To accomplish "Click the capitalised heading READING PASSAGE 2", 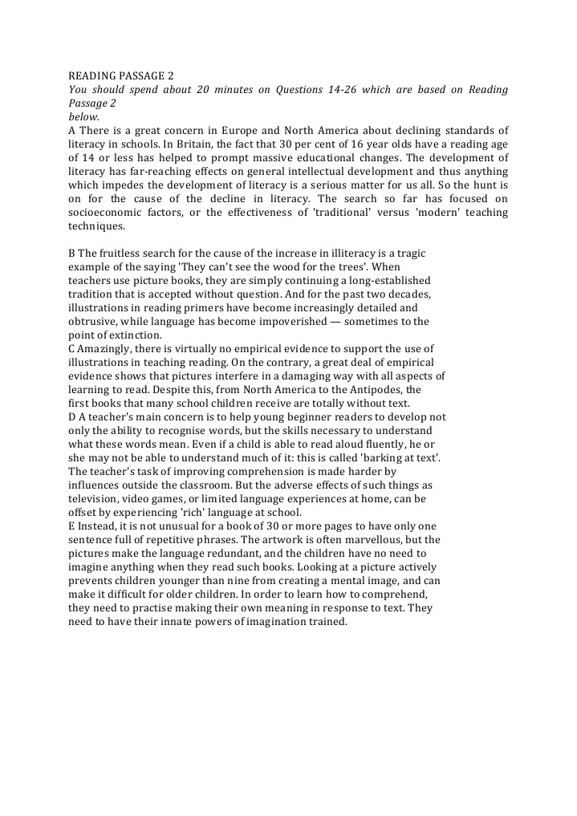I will click(120, 76).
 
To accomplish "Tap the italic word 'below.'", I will click(83, 116).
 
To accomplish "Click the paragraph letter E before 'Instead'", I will click(72, 526).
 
